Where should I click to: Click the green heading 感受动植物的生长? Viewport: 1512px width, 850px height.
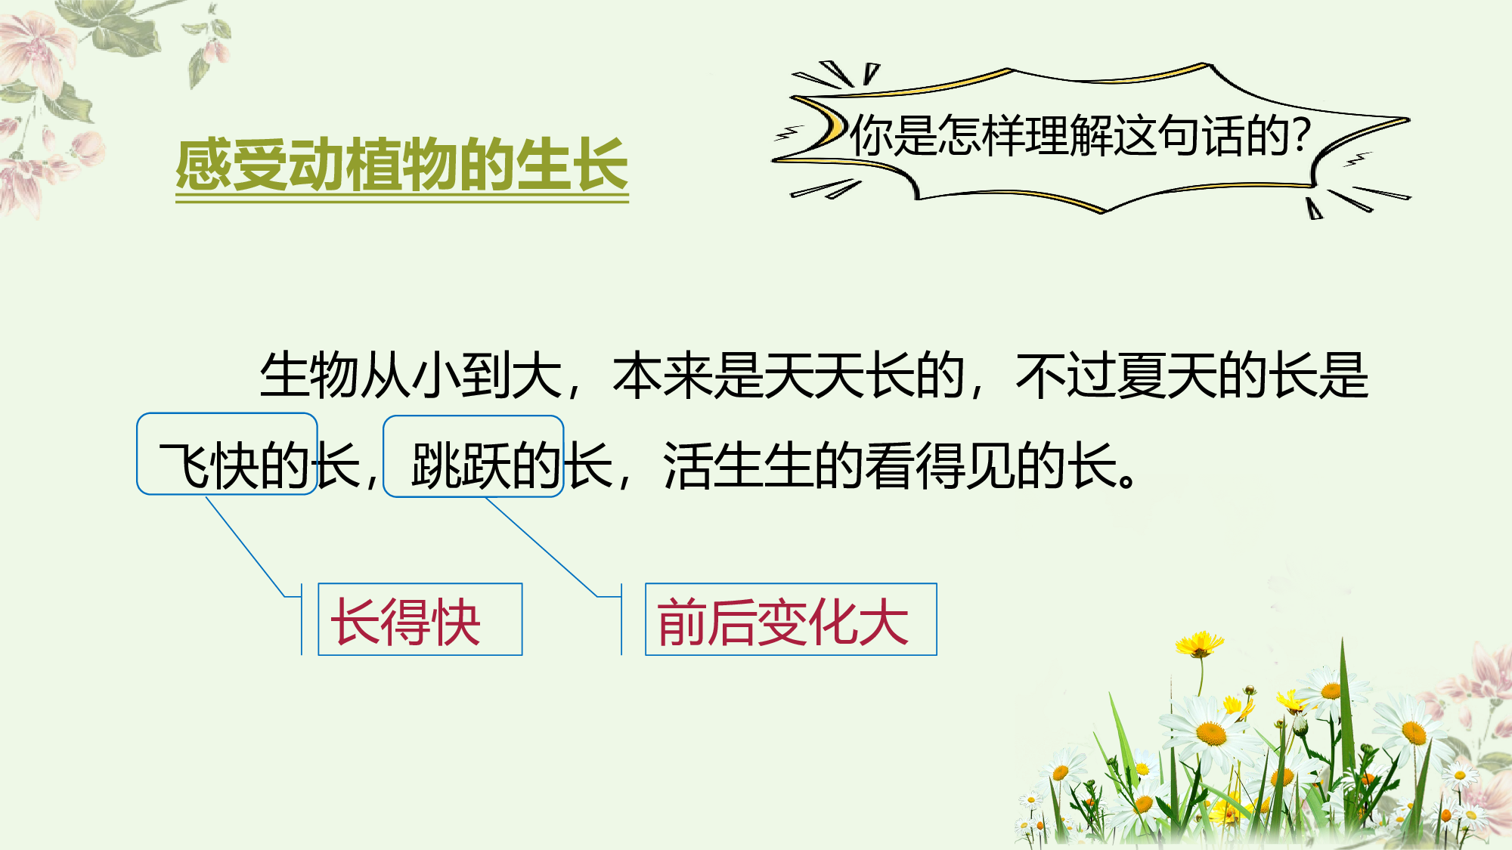[x=401, y=165]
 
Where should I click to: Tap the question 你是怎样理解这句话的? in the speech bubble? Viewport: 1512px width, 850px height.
[x=1080, y=136]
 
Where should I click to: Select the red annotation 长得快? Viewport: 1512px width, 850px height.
[x=406, y=622]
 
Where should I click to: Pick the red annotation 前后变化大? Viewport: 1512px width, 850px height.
[x=782, y=622]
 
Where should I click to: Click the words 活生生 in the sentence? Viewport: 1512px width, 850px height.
[x=739, y=465]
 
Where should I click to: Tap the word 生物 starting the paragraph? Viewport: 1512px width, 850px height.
[x=309, y=375]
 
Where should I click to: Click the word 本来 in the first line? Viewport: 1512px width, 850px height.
[x=662, y=375]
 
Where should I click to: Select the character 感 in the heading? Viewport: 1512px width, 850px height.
[x=203, y=165]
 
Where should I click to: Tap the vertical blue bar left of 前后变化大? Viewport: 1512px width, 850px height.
[x=621, y=619]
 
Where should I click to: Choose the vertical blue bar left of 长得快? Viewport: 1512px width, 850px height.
[x=302, y=619]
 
